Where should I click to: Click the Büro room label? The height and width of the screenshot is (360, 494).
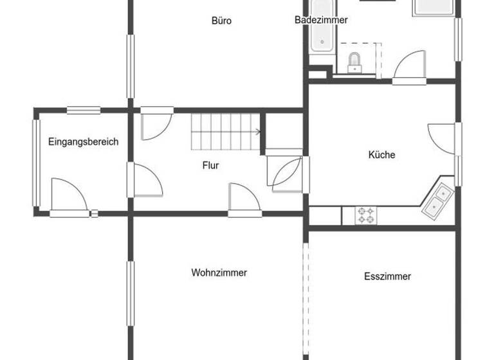tap(221, 21)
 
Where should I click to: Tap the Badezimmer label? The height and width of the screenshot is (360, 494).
tap(321, 20)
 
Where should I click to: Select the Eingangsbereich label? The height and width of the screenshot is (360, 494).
tap(83, 142)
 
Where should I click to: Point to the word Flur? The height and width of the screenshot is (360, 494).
tap(210, 165)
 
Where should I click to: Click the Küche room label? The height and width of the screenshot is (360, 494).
tap(381, 155)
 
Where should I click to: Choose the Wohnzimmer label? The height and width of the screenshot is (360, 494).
tap(219, 273)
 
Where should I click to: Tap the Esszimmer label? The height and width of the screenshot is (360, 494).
tap(387, 276)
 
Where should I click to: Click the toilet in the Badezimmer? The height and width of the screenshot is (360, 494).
tap(354, 62)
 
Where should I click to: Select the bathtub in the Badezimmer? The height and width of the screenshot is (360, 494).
tap(320, 29)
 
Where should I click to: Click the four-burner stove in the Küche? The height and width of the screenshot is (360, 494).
tap(366, 215)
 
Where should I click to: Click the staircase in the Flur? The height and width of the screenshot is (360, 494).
tap(225, 131)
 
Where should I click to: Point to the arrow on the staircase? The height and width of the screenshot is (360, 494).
tap(257, 132)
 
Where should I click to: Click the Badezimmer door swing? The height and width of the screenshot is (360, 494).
tap(409, 67)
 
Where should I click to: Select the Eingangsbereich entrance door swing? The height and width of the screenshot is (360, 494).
tap(69, 195)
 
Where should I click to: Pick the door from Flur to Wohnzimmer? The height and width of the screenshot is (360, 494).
tap(244, 197)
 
